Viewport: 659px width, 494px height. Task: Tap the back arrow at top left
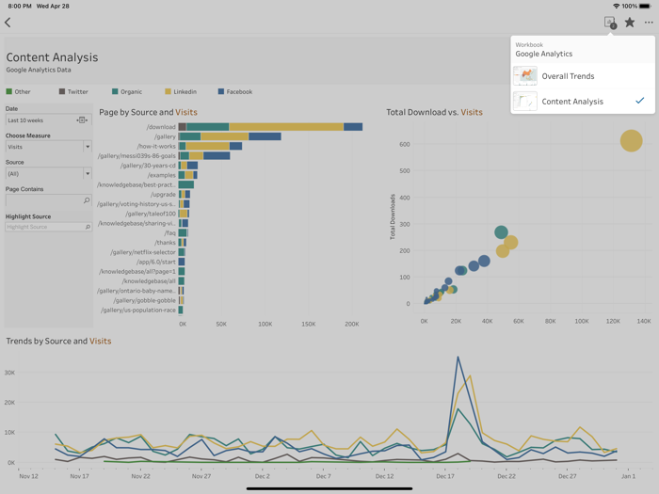point(8,23)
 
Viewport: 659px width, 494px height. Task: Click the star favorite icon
point(630,23)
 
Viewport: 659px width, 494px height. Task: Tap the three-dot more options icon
point(649,23)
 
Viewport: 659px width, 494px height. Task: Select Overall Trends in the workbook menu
point(568,76)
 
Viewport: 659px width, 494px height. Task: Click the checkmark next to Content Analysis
point(640,101)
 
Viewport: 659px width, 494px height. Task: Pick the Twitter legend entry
point(73,92)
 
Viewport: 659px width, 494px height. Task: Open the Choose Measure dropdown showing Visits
point(49,147)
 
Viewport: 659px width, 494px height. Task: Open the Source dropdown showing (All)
point(49,174)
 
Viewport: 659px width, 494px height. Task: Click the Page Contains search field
point(47,200)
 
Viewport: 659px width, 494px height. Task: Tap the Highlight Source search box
point(47,227)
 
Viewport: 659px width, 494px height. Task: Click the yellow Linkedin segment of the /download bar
point(285,127)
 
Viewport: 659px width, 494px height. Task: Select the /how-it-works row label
point(156,147)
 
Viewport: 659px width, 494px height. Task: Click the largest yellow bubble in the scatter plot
point(631,141)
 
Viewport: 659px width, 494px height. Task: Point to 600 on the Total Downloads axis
point(404,144)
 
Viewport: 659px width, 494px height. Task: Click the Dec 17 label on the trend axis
point(445,476)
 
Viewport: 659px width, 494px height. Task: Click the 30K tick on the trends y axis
point(9,373)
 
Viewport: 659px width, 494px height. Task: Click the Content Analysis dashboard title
point(52,57)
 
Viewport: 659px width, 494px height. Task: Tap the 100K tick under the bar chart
point(265,324)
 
